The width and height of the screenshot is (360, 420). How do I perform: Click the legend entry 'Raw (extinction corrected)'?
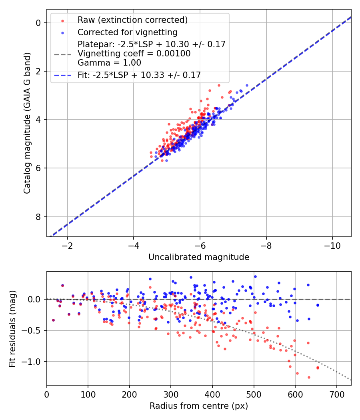[132, 20]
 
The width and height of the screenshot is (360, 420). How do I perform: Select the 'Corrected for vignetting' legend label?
[127, 32]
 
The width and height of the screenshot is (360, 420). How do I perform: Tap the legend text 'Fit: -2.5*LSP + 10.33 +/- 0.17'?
[139, 75]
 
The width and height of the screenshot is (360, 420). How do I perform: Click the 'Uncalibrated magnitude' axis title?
[199, 257]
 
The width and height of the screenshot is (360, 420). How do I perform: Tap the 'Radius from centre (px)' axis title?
[199, 406]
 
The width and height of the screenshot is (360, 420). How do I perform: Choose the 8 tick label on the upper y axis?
[38, 217]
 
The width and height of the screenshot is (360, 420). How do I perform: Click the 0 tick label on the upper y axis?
[38, 23]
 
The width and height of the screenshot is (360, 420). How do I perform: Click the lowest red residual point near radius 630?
[309, 377]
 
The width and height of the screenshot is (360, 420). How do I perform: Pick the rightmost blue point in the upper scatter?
[247, 86]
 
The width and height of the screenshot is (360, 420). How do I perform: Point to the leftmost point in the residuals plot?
[53, 320]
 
